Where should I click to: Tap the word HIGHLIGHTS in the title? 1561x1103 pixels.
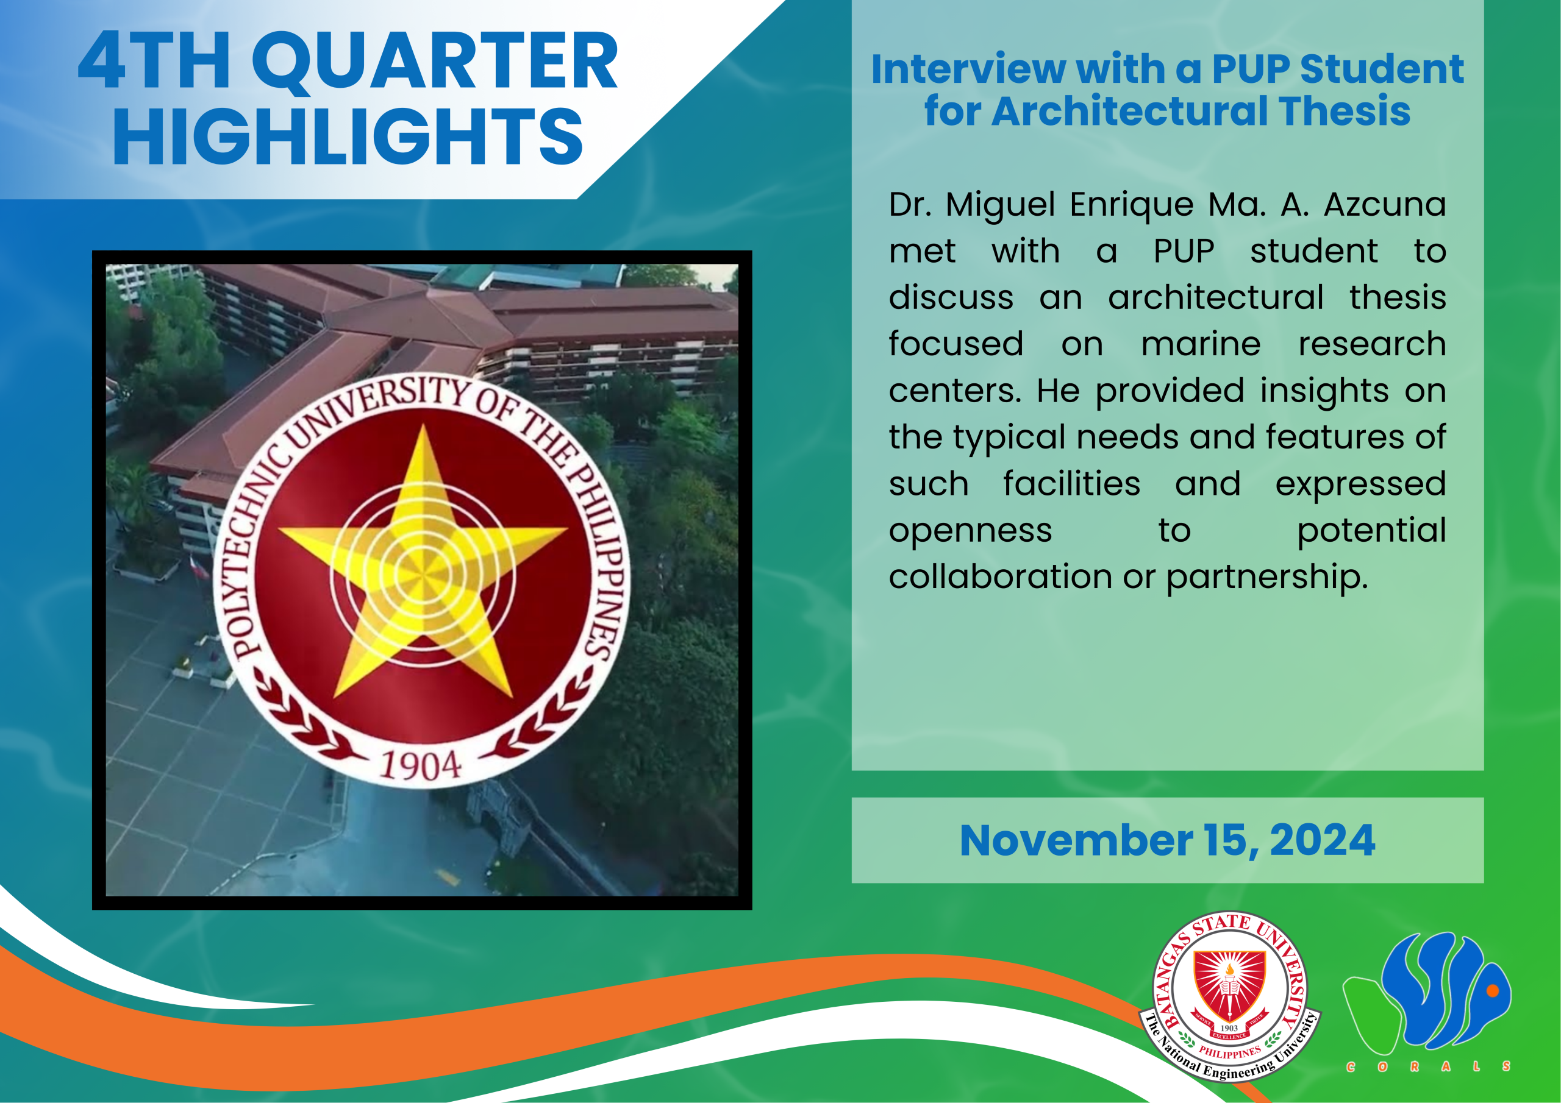(x=348, y=137)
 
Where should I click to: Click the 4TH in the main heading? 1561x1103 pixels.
(x=154, y=60)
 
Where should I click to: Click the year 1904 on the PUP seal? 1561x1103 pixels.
(x=421, y=766)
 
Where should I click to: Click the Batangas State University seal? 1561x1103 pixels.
(x=1230, y=997)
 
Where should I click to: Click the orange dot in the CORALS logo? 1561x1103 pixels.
(x=1493, y=991)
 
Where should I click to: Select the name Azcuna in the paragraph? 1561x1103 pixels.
(x=1385, y=204)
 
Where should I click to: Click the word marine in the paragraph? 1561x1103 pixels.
(x=1201, y=343)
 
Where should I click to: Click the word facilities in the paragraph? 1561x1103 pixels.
(x=1071, y=483)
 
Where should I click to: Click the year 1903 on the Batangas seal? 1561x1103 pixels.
(x=1229, y=1028)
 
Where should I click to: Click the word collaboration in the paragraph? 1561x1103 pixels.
(x=999, y=576)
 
